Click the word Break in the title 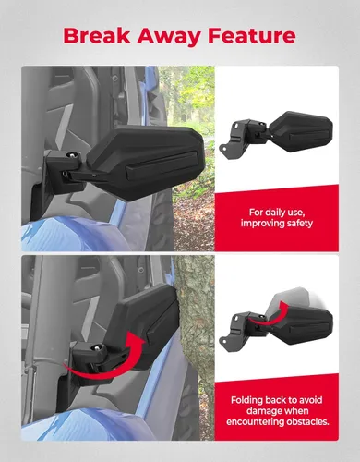pyautogui.click(x=101, y=36)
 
